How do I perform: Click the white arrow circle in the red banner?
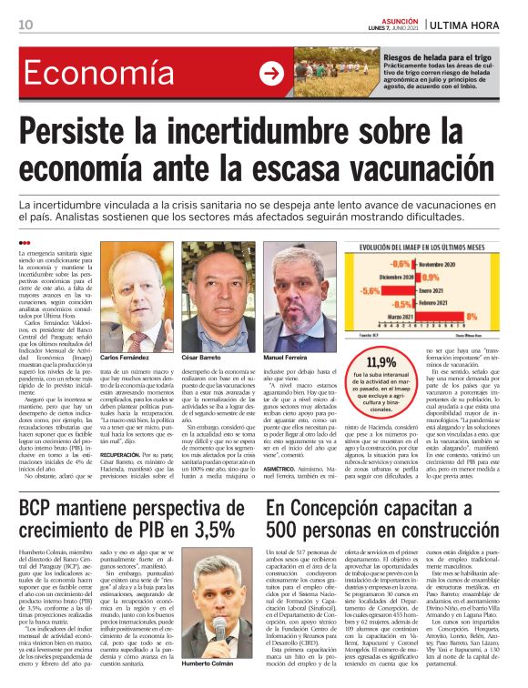click(271, 74)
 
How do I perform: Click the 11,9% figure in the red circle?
click(381, 362)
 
